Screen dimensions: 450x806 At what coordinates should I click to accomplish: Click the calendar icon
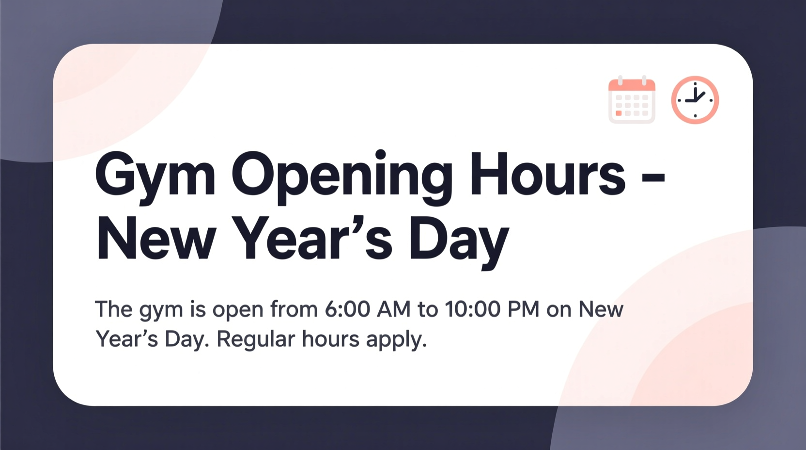pyautogui.click(x=632, y=100)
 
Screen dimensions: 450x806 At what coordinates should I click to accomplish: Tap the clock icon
pyautogui.click(x=695, y=100)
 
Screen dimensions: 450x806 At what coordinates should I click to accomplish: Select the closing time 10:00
pyautogui.click(x=472, y=309)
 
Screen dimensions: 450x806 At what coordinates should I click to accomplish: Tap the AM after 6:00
pyautogui.click(x=394, y=309)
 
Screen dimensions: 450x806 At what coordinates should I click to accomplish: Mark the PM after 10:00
pyautogui.click(x=523, y=309)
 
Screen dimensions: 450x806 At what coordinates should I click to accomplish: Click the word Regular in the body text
pyautogui.click(x=255, y=339)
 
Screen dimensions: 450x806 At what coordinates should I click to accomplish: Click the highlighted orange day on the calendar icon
pyautogui.click(x=619, y=113)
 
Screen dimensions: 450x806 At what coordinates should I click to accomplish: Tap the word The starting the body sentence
pyautogui.click(x=114, y=309)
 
